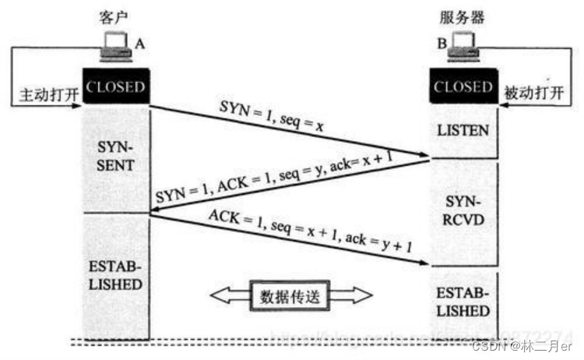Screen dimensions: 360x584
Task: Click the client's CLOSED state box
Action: click(115, 86)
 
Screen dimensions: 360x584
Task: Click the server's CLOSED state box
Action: click(464, 86)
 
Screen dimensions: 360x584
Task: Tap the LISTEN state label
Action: click(464, 129)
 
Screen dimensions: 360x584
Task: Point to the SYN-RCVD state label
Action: click(464, 211)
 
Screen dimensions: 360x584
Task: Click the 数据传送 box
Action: click(290, 297)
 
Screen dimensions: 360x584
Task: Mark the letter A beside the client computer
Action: click(140, 44)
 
